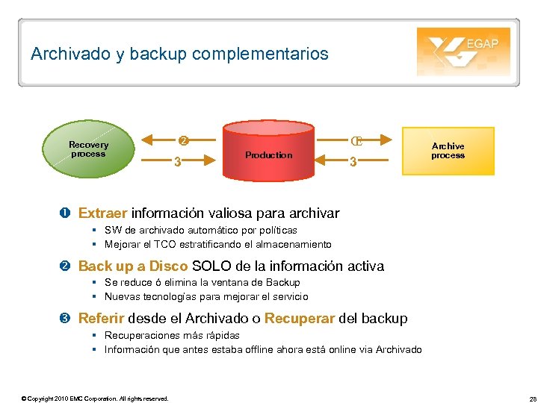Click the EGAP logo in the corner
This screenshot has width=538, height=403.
tap(463, 51)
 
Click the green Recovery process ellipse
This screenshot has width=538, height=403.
tap(88, 149)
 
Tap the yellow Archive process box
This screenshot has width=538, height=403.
tap(448, 151)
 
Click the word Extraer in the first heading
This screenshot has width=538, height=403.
tap(103, 214)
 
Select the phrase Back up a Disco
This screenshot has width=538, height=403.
tap(133, 266)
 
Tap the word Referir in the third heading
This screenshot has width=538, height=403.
tap(102, 319)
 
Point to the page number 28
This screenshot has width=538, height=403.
tap(524, 398)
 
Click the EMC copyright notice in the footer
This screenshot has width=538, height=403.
tap(96, 398)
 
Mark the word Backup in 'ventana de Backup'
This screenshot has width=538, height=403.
tap(283, 283)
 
